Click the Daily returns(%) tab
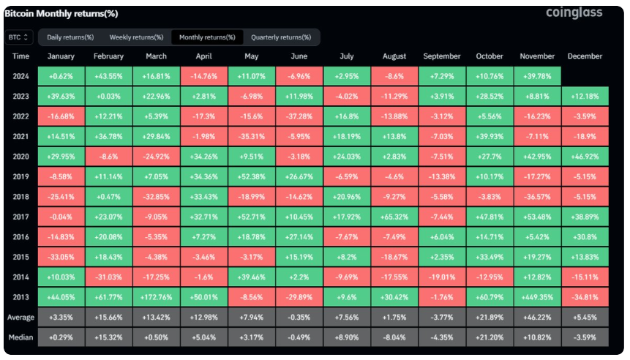click(70, 37)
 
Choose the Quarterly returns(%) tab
click(281, 37)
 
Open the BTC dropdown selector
click(19, 37)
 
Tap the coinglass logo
click(574, 13)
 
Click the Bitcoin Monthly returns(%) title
click(61, 13)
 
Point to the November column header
click(537, 56)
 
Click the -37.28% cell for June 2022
click(299, 116)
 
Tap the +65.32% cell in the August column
click(394, 217)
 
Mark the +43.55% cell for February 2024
click(109, 76)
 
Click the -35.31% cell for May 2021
click(252, 136)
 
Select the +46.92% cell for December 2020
click(585, 156)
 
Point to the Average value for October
click(490, 318)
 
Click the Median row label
click(21, 337)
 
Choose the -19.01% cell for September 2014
click(442, 277)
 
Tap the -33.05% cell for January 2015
click(61, 258)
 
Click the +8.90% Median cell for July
click(347, 337)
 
